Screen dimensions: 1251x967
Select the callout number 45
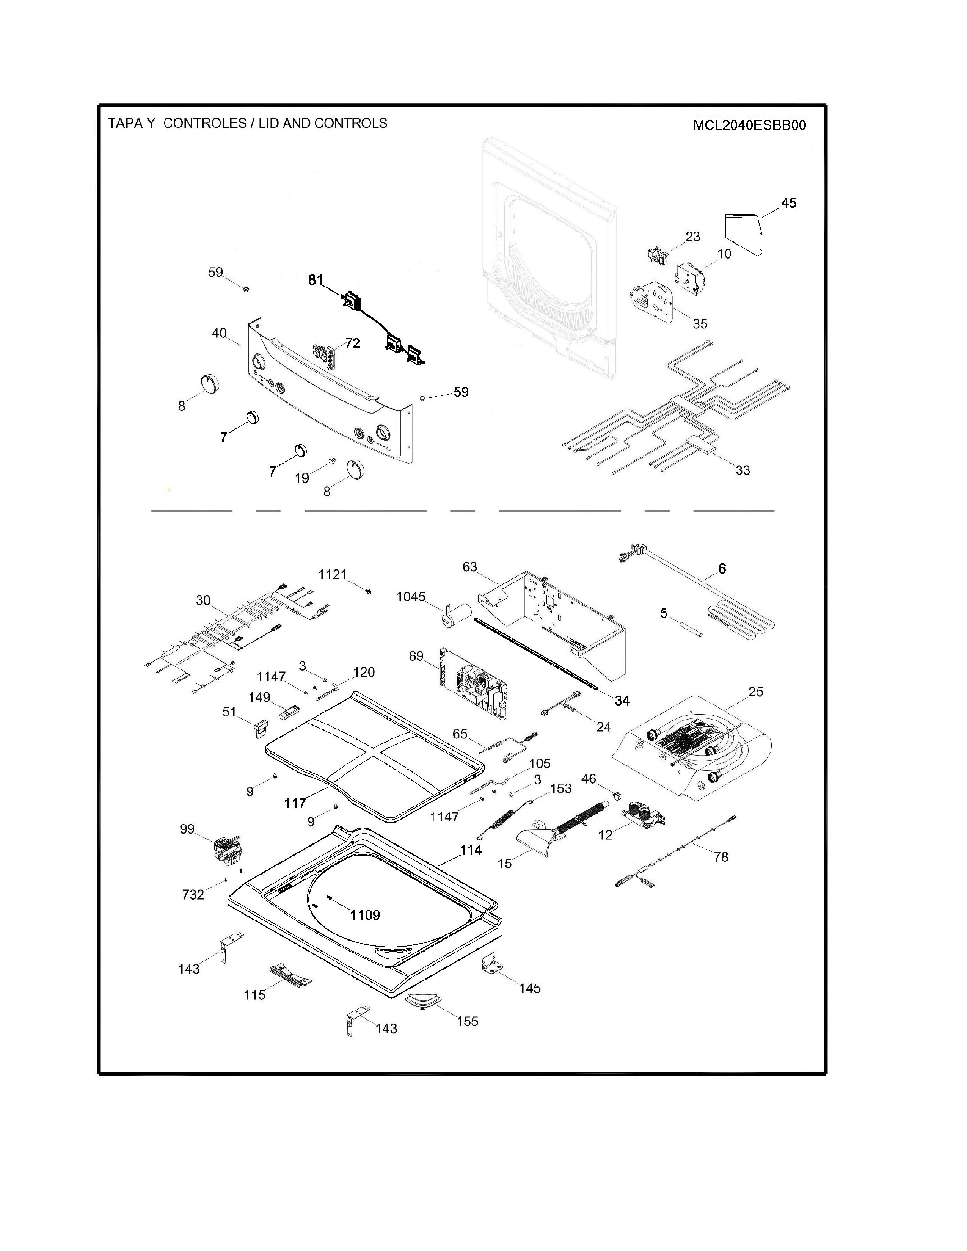tap(788, 203)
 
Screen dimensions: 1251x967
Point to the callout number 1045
tap(411, 597)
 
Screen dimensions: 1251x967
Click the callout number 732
tap(193, 895)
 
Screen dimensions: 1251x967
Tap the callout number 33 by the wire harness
tap(743, 470)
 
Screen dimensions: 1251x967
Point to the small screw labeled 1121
tap(368, 591)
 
